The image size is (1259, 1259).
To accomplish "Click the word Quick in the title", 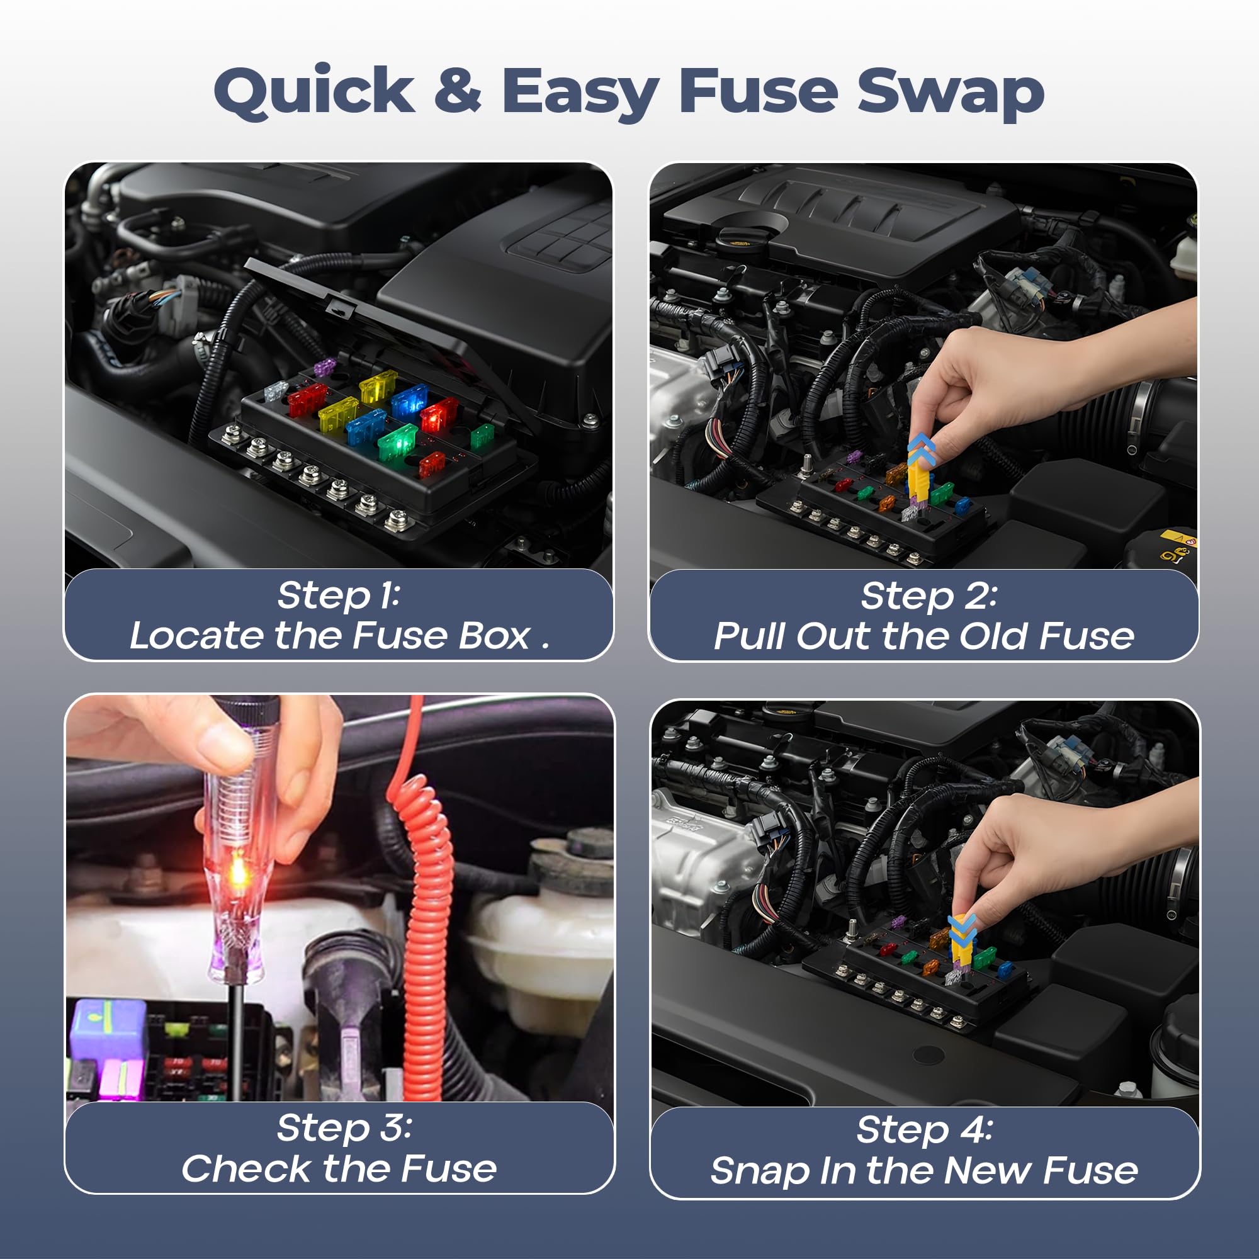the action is point(314,91).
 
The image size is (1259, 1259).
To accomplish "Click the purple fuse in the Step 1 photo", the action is point(324,367).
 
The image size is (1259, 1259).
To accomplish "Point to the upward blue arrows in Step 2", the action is point(922,449).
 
